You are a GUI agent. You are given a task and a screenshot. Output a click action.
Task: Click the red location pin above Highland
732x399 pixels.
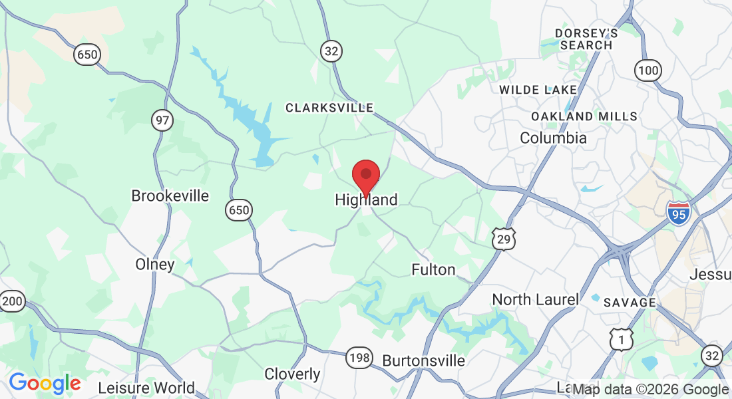pos(365,176)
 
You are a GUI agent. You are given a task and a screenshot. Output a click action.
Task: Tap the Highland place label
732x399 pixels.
pos(366,199)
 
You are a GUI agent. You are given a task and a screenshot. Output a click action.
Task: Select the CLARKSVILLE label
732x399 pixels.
pos(329,108)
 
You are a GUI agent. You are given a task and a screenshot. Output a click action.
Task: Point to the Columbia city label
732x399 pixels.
pos(553,138)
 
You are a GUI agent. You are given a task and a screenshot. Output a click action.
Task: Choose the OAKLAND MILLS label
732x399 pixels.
pos(584,116)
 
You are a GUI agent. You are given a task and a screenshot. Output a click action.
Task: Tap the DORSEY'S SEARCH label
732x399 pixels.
pos(586,39)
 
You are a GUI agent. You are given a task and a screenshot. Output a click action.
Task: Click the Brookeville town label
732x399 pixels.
pos(170,196)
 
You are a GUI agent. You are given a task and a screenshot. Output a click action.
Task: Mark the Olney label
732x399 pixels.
pos(155,265)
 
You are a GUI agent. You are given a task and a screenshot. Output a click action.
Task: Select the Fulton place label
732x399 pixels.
pos(433,269)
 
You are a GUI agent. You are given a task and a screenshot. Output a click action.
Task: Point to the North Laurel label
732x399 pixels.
pos(535,300)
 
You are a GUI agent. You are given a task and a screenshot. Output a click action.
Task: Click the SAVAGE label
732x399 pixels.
pos(630,303)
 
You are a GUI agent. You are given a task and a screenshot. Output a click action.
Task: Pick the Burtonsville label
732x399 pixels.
pos(423,360)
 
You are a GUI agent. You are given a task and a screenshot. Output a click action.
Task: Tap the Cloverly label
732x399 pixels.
pos(293,374)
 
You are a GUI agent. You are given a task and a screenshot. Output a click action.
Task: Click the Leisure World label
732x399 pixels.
pos(146,388)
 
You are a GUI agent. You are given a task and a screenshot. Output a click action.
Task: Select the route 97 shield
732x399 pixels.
pos(162,120)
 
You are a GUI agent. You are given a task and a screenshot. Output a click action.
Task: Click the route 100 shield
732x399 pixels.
pos(647,70)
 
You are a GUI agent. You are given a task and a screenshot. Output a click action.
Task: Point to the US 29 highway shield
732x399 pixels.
pos(504,239)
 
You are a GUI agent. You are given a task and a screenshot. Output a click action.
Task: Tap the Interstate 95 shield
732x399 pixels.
pos(677,211)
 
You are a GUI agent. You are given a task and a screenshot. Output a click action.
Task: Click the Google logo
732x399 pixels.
pos(45,383)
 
